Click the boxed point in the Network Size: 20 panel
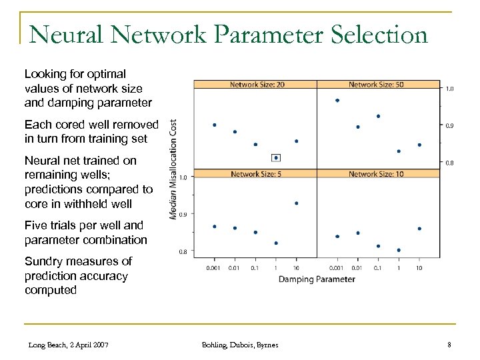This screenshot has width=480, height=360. (276, 158)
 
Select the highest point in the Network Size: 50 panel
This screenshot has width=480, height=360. (337, 101)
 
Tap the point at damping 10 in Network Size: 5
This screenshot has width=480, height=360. (296, 203)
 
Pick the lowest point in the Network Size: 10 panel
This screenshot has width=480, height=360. (399, 250)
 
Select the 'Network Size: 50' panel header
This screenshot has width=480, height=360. (377, 85)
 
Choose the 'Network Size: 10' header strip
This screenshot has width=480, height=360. (377, 174)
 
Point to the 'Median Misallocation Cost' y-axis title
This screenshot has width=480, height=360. (173, 169)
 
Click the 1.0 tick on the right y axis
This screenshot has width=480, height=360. (450, 88)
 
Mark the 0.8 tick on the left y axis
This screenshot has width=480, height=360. (182, 252)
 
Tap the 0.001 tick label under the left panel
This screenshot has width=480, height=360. (214, 267)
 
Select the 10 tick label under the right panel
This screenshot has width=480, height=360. (419, 267)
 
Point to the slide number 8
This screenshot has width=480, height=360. (450, 344)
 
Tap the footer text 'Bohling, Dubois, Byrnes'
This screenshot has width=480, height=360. (241, 344)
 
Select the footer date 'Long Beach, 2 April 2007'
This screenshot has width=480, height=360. (69, 344)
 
